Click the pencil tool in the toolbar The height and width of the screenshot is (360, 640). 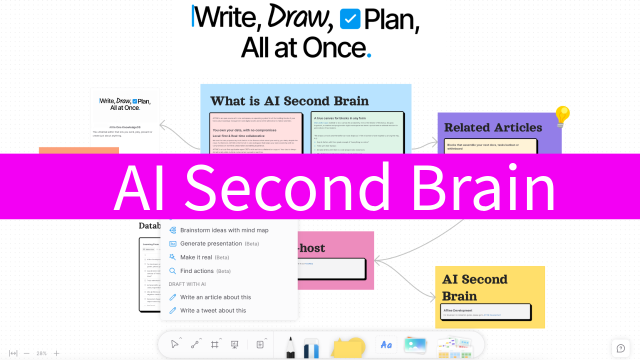coord(290,347)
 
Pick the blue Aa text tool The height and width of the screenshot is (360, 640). coord(386,344)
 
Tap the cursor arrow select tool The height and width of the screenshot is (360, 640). coord(174,344)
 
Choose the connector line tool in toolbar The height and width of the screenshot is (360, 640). coord(194,344)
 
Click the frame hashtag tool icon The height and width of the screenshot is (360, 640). coord(215,344)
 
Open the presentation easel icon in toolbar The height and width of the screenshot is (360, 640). coord(234,344)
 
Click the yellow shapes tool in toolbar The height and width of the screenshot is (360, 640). coord(348,346)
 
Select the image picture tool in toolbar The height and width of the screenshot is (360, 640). coord(415,345)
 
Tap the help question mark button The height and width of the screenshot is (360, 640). coord(620,348)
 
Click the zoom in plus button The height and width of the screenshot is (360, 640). coord(56,353)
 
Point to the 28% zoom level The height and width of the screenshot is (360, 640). coord(41,353)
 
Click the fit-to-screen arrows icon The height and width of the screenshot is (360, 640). coord(13,353)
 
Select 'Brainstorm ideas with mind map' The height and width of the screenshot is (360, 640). coord(224,230)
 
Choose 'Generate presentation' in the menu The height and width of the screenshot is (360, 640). coord(211,243)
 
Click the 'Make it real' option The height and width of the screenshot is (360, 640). coord(196,257)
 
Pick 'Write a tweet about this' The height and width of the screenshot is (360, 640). coord(213,310)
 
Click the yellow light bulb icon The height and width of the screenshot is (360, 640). coord(562,115)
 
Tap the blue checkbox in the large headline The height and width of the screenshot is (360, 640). coord(350,19)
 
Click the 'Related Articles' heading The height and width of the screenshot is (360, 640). coord(493,127)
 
